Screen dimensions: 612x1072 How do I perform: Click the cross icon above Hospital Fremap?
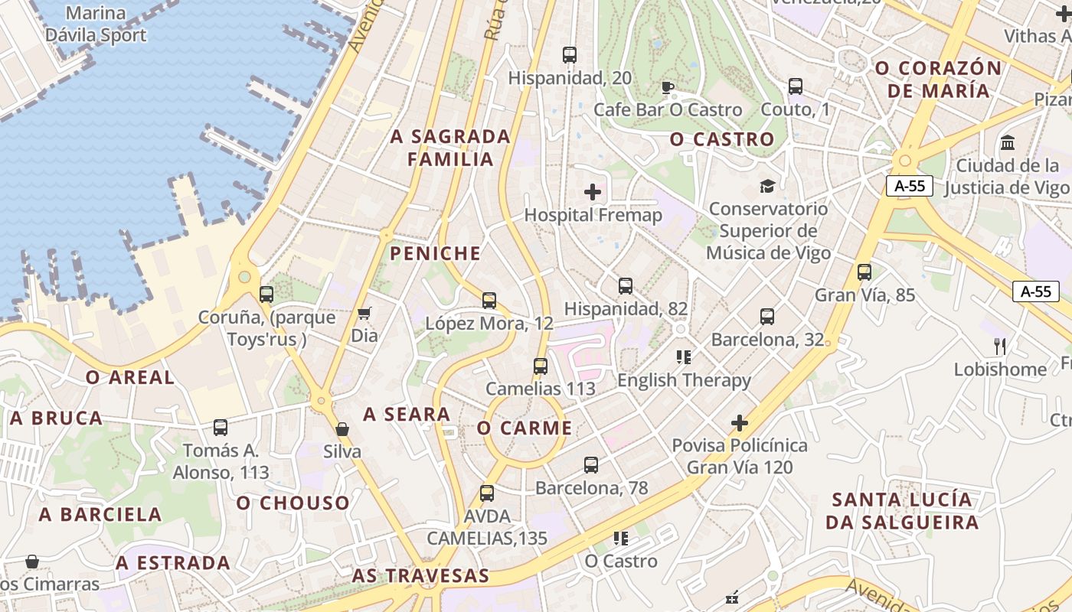(x=593, y=192)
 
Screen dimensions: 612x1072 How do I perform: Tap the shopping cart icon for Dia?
(x=364, y=314)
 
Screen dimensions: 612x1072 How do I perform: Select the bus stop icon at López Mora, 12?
(x=489, y=301)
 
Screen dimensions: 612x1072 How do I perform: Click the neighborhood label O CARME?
(x=525, y=428)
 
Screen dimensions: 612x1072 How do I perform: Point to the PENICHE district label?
(x=436, y=253)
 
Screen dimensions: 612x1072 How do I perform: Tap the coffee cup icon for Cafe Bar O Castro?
(x=668, y=87)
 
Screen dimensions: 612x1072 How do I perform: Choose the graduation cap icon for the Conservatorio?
(x=767, y=186)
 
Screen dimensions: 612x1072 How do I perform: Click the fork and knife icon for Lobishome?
(x=999, y=347)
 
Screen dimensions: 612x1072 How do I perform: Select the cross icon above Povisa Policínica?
(x=740, y=422)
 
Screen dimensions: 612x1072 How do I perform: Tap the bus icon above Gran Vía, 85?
(x=864, y=272)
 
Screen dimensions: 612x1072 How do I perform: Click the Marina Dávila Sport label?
(x=96, y=24)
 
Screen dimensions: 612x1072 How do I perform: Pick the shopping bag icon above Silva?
(x=342, y=429)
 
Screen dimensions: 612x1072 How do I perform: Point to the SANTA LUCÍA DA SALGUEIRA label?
(x=904, y=511)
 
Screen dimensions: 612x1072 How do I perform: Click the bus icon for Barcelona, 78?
(x=591, y=464)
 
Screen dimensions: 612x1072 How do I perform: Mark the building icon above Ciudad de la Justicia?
(x=1008, y=143)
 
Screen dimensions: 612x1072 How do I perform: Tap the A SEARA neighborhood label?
(x=407, y=415)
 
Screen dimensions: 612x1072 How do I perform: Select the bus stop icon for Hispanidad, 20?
(x=569, y=55)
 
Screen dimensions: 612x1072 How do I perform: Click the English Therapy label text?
(x=684, y=380)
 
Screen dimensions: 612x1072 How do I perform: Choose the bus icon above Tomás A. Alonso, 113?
(x=221, y=428)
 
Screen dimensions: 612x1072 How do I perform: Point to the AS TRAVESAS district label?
(x=420, y=576)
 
